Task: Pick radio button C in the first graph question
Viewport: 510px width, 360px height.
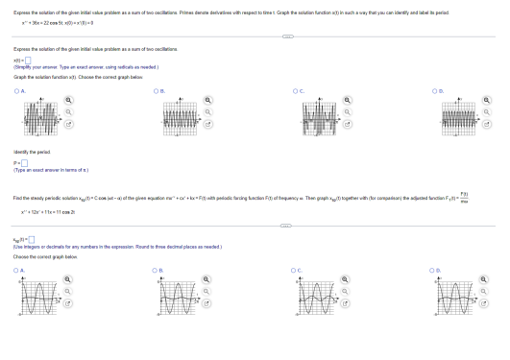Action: pyautogui.click(x=299, y=89)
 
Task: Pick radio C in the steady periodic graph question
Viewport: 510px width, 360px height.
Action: pyautogui.click(x=299, y=272)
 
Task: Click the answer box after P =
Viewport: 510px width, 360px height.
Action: pyautogui.click(x=21, y=161)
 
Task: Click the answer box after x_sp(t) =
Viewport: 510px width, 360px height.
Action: pyautogui.click(x=31, y=238)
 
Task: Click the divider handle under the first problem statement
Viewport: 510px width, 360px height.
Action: pyautogui.click(x=255, y=36)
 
